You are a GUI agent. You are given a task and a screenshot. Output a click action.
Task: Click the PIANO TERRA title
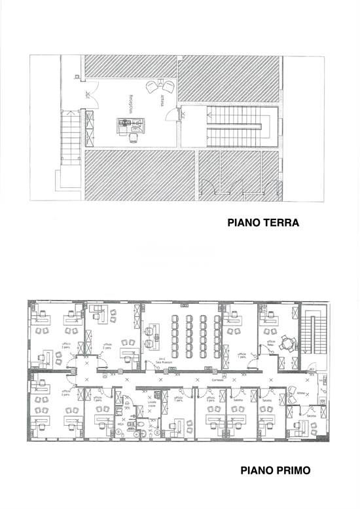pos(262,223)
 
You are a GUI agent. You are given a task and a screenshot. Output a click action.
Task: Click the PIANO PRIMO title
pos(274,470)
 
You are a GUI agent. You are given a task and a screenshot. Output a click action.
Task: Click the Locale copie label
pos(151,407)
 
